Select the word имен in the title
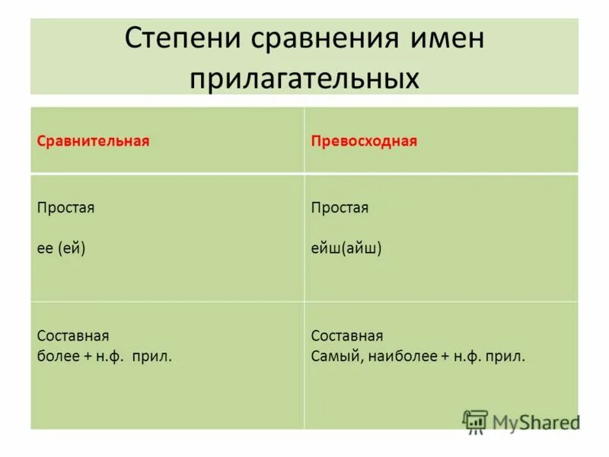click(x=442, y=38)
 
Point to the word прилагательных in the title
click(x=304, y=76)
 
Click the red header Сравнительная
click(x=93, y=142)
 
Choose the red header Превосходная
click(x=365, y=142)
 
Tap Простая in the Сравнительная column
click(x=66, y=208)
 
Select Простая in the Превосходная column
click(x=340, y=208)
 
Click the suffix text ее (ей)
click(x=61, y=248)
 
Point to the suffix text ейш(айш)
click(x=346, y=248)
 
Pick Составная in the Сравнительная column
click(x=73, y=336)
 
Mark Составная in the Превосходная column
click(x=347, y=336)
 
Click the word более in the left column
click(x=56, y=355)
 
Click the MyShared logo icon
click(x=474, y=420)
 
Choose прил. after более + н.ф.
click(x=155, y=355)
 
